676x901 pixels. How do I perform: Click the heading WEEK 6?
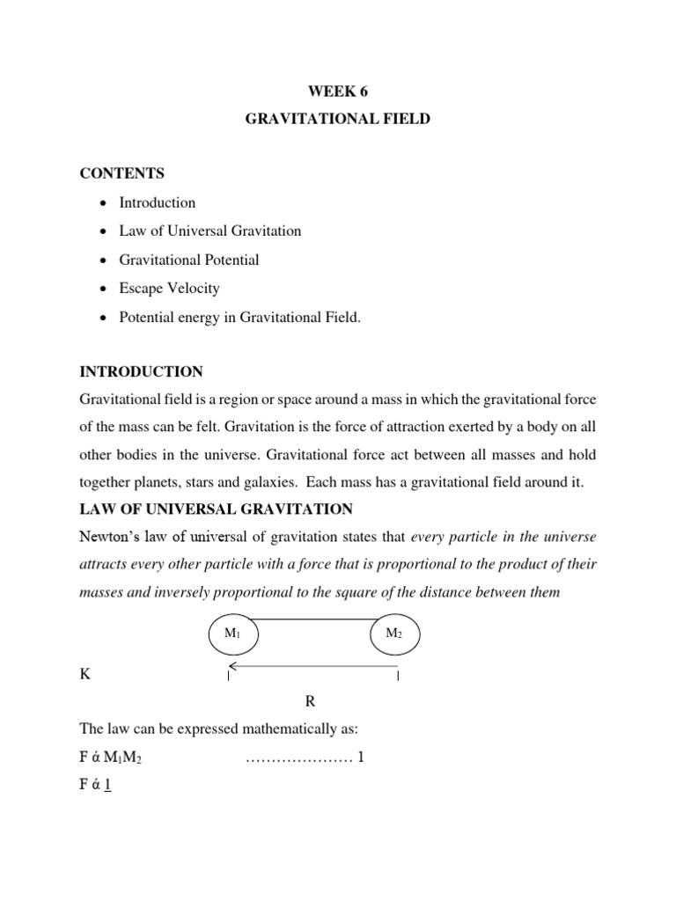pyautogui.click(x=337, y=90)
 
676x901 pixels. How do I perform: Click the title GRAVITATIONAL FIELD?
pyautogui.click(x=337, y=118)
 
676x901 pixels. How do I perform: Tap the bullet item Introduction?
pyautogui.click(x=158, y=202)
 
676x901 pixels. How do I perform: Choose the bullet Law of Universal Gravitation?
pyautogui.click(x=210, y=231)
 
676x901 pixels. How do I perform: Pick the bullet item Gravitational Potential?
pyautogui.click(x=189, y=260)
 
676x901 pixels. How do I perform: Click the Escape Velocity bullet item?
pyautogui.click(x=170, y=288)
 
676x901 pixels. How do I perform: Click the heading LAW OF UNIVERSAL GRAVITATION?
pyautogui.click(x=217, y=509)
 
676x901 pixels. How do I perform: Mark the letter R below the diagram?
pyautogui.click(x=310, y=701)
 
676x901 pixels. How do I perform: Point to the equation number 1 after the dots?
pyautogui.click(x=361, y=757)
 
